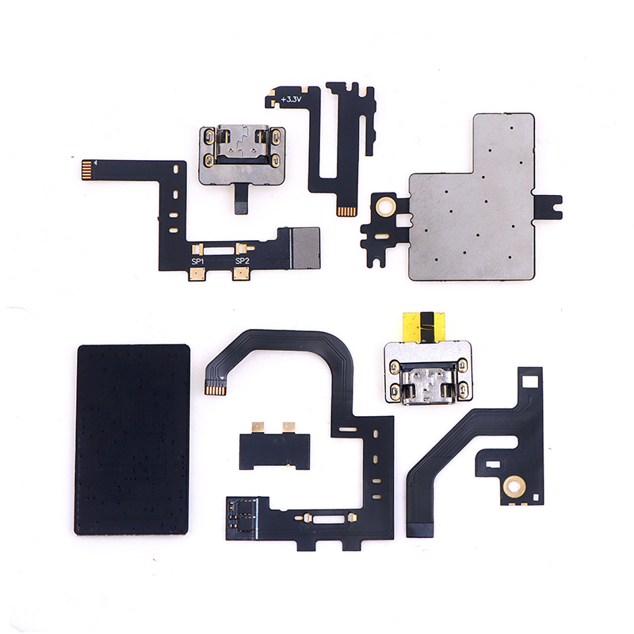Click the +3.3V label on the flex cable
pos(292,99)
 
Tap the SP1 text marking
pos(197,262)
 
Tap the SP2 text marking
pos(243,261)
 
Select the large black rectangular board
pos(132,440)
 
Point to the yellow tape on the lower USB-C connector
pos(424,327)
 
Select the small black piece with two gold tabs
pos(274,448)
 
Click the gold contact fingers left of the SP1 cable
pos(87,170)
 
